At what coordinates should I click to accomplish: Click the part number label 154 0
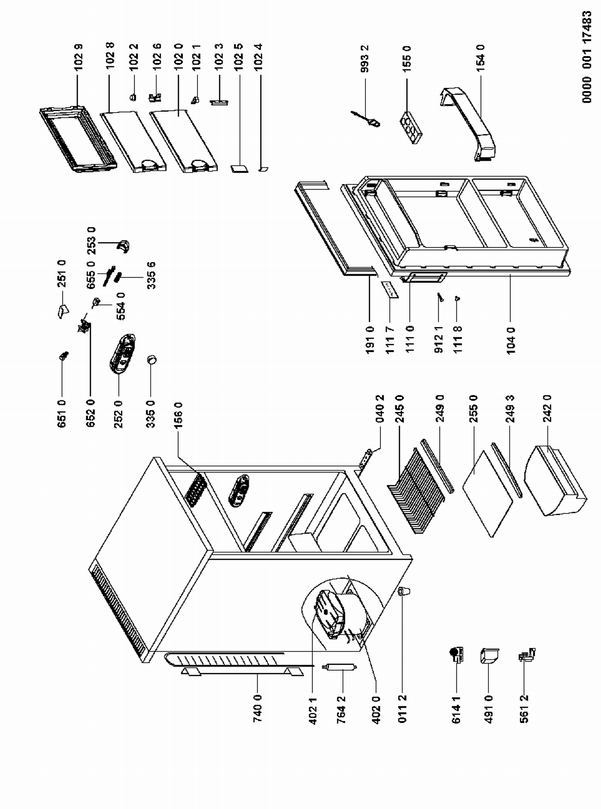(480, 58)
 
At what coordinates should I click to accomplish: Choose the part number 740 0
(258, 708)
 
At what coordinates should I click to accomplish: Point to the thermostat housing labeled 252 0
(123, 353)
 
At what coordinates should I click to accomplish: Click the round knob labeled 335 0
(152, 359)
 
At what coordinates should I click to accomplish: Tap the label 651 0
(62, 414)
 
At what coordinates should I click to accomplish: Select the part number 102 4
(259, 57)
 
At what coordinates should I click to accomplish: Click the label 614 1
(456, 710)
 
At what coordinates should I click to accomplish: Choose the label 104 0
(510, 341)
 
